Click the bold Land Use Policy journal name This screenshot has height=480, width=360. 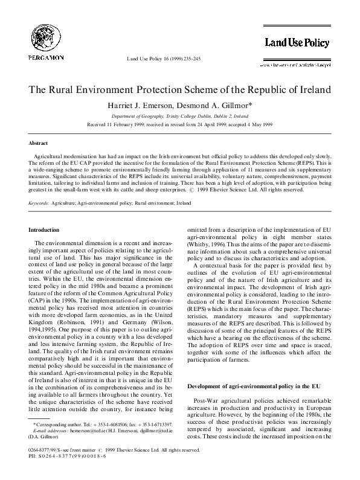296,42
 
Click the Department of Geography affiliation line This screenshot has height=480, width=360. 179,115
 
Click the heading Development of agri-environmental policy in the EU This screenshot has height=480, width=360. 252,386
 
